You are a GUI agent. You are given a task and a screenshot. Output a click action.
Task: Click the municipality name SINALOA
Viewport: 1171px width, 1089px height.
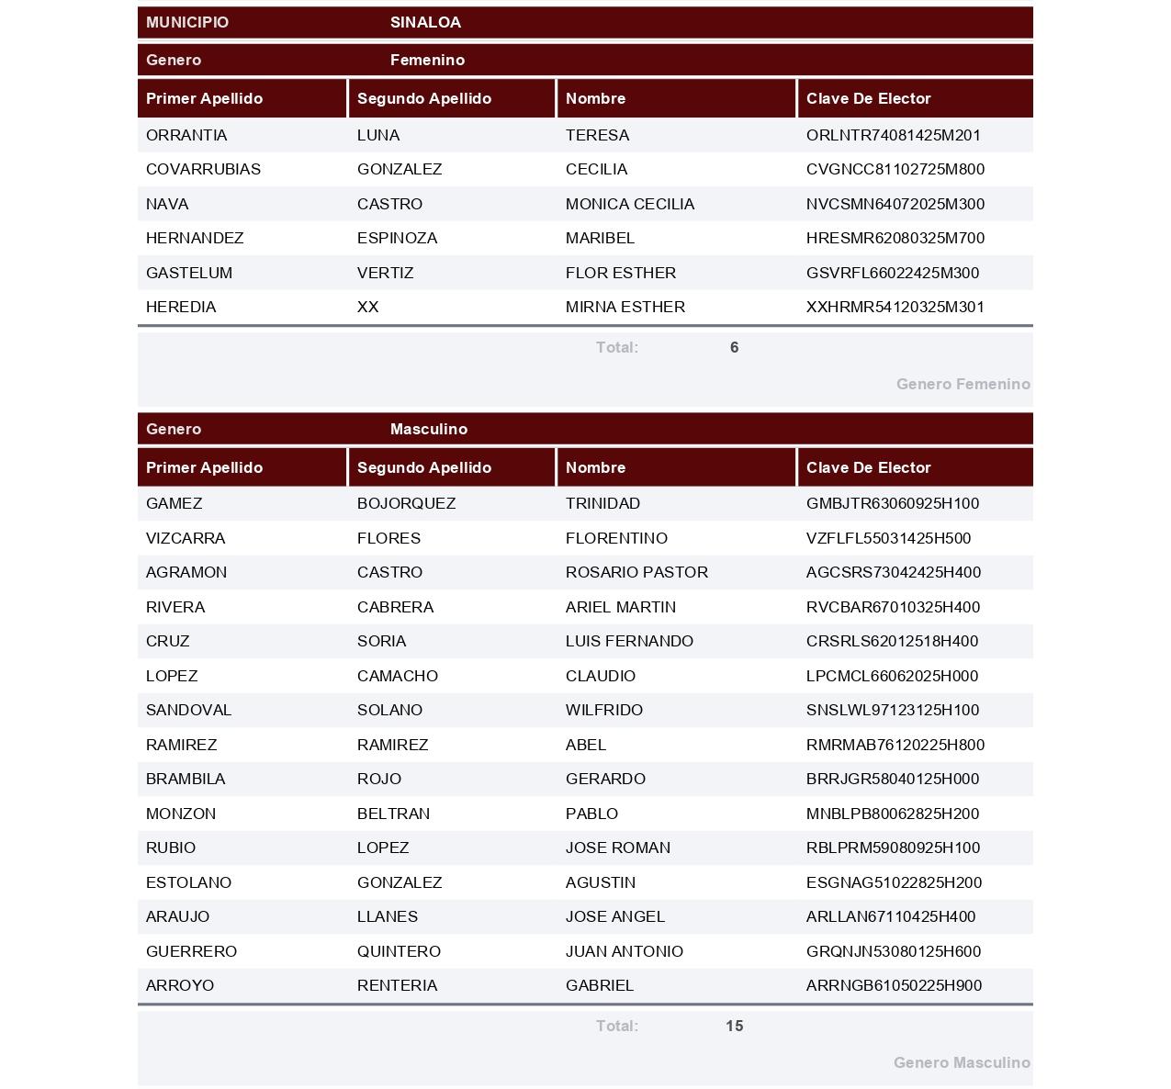pos(425,22)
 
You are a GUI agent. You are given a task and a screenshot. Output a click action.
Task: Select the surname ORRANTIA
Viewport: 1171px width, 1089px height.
pos(186,135)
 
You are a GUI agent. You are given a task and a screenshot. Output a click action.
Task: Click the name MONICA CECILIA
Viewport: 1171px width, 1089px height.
pos(629,204)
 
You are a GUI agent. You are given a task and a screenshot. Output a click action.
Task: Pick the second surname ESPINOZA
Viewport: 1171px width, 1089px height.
pos(397,238)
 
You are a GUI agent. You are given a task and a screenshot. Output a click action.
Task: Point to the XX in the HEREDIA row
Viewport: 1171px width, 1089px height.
pos(367,307)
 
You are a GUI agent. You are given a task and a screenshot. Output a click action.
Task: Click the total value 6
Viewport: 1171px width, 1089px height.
pos(734,347)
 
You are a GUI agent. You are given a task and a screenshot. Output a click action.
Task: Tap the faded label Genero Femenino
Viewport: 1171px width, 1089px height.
pos(963,384)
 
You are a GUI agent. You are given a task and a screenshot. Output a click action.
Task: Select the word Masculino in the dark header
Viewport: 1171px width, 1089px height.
pos(428,429)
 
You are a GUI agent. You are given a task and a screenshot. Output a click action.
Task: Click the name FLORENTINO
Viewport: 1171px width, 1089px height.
pos(616,538)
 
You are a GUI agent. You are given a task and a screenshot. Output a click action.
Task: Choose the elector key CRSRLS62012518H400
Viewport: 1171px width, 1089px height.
pos(892,641)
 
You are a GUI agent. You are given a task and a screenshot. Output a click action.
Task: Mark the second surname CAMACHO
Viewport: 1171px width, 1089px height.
pos(397,676)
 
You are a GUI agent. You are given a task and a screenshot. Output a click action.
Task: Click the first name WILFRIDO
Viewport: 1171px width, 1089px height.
pos(603,710)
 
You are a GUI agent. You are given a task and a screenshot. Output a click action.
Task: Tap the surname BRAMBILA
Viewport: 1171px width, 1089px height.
pos(186,779)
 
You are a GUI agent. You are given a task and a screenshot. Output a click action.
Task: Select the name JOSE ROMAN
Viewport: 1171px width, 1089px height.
pos(617,848)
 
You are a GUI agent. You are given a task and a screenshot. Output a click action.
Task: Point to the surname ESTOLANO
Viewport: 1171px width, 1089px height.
pos(188,882)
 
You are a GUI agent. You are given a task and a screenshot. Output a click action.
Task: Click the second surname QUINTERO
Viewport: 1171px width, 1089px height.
pos(399,951)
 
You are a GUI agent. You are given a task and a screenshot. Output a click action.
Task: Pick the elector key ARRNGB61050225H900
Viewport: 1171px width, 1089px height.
pos(894,985)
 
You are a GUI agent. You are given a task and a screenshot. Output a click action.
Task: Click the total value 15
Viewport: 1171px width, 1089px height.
pos(734,1026)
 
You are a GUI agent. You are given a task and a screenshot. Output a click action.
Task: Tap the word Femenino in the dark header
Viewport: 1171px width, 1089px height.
pos(427,60)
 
